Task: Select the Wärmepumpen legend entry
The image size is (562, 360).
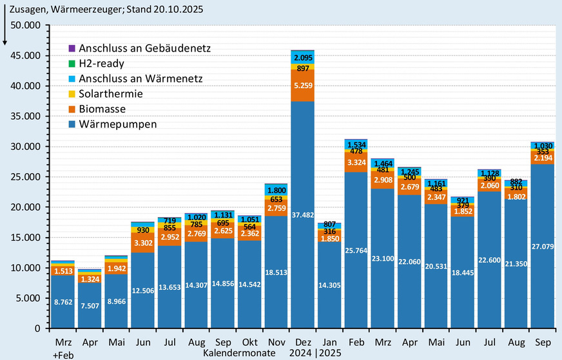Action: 117,124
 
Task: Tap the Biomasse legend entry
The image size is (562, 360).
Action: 102,109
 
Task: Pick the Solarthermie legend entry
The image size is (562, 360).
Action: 111,93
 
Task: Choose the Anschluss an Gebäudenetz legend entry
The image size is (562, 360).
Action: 144,48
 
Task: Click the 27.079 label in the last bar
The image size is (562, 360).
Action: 541,247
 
